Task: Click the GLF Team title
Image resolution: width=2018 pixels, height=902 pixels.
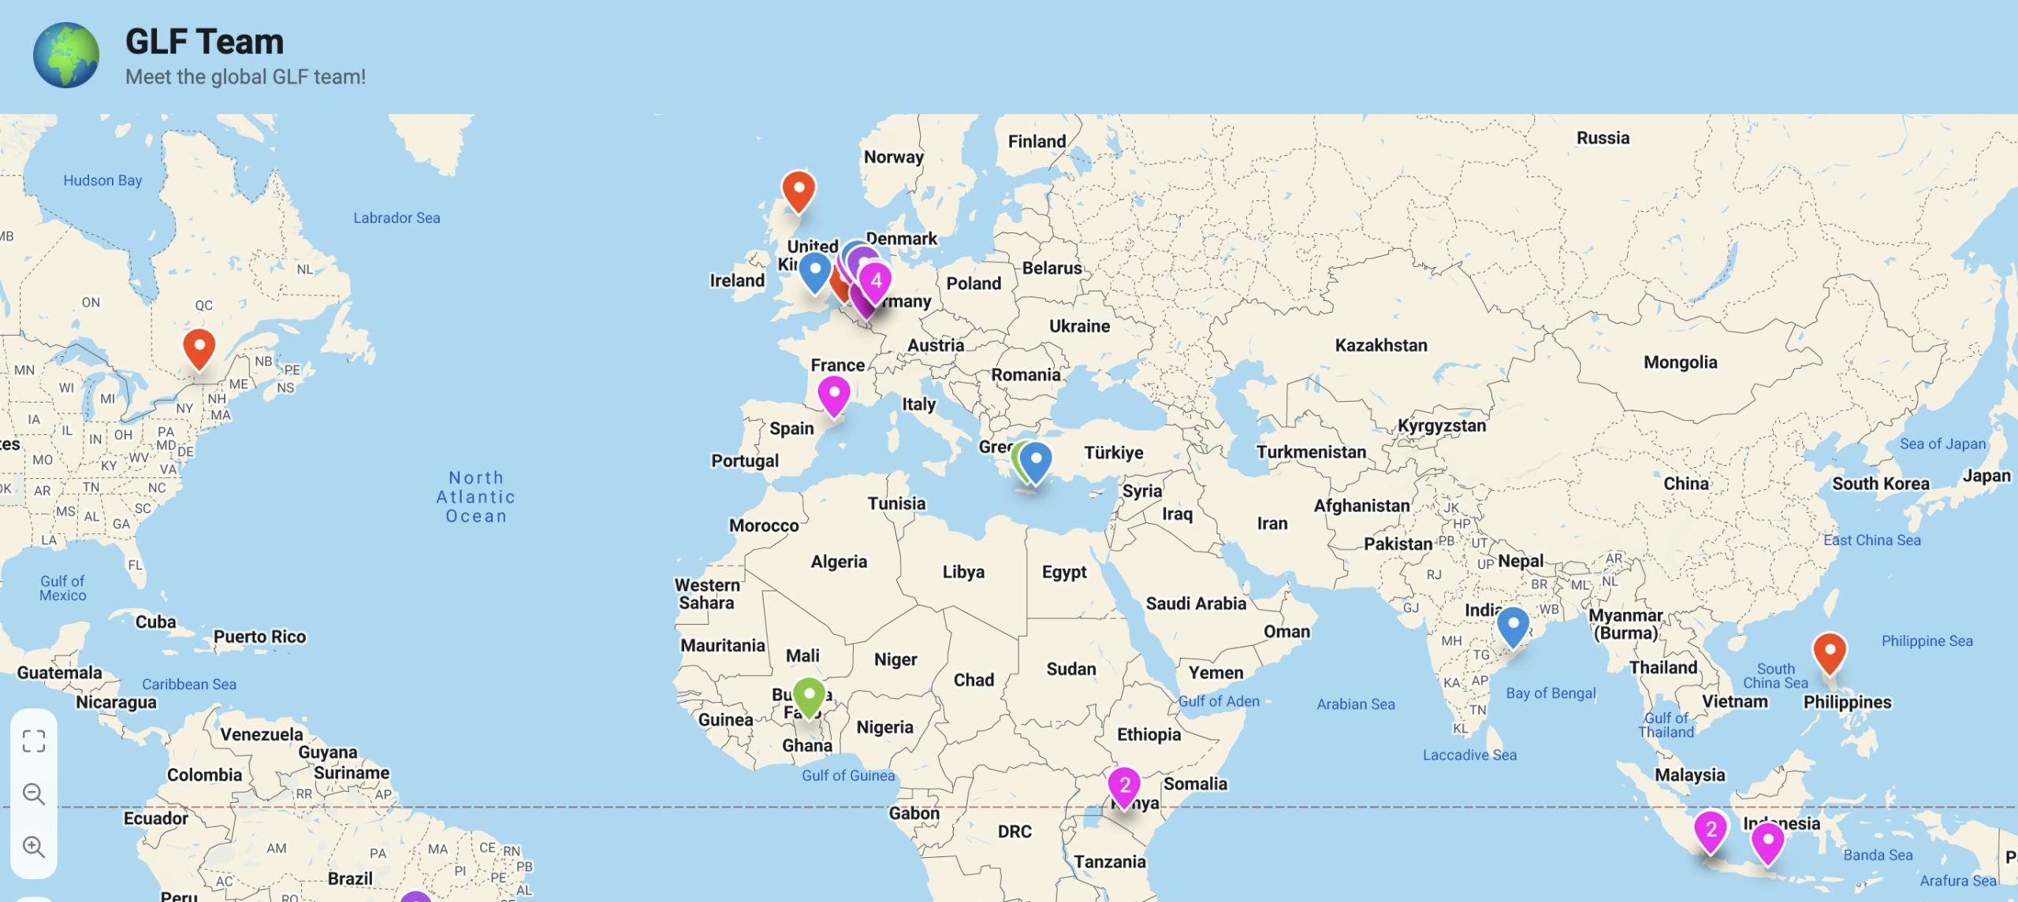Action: [x=204, y=42]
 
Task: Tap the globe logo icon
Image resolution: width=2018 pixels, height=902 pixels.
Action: [x=66, y=54]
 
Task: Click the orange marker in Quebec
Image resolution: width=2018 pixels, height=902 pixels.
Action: [x=199, y=347]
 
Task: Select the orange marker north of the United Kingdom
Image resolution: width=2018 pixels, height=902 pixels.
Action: [x=798, y=190]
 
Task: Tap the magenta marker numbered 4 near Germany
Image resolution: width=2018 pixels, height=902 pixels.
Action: [x=876, y=281]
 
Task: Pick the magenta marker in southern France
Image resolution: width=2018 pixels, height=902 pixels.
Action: [x=833, y=394]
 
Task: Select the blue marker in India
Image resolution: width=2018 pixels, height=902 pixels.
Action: [x=1513, y=625]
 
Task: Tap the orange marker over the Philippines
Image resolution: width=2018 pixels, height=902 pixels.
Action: [x=1829, y=651]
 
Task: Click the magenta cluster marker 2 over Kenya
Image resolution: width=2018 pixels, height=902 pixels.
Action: [x=1125, y=785]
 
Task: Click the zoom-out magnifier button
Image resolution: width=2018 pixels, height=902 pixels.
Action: [x=34, y=794]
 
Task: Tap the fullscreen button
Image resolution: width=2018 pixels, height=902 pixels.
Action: [x=34, y=741]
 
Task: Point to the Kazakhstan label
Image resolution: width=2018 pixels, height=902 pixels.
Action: [x=1380, y=345]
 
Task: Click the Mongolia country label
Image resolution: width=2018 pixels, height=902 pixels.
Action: [x=1680, y=362]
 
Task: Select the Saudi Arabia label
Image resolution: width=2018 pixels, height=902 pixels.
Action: [x=1196, y=604]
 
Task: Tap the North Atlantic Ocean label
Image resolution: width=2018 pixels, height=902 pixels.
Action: [x=476, y=497]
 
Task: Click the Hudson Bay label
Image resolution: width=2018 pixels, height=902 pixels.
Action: [x=102, y=180]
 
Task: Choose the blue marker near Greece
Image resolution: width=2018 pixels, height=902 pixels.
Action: [x=1037, y=461]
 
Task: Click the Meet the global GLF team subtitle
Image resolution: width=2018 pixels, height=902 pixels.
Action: [x=245, y=77]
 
